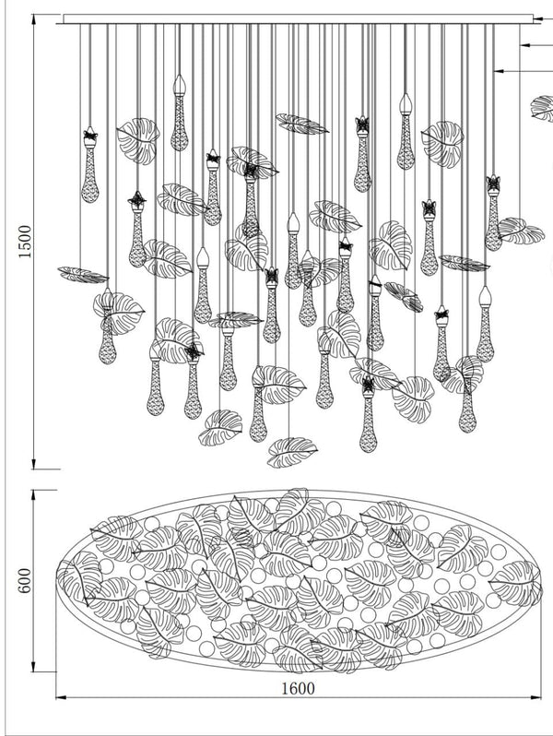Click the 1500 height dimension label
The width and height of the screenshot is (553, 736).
(25, 242)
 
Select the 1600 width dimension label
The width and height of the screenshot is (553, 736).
(297, 687)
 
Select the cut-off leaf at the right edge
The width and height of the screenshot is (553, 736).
(543, 107)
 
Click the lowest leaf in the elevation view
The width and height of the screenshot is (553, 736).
(291, 451)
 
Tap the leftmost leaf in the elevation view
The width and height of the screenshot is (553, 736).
(83, 274)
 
